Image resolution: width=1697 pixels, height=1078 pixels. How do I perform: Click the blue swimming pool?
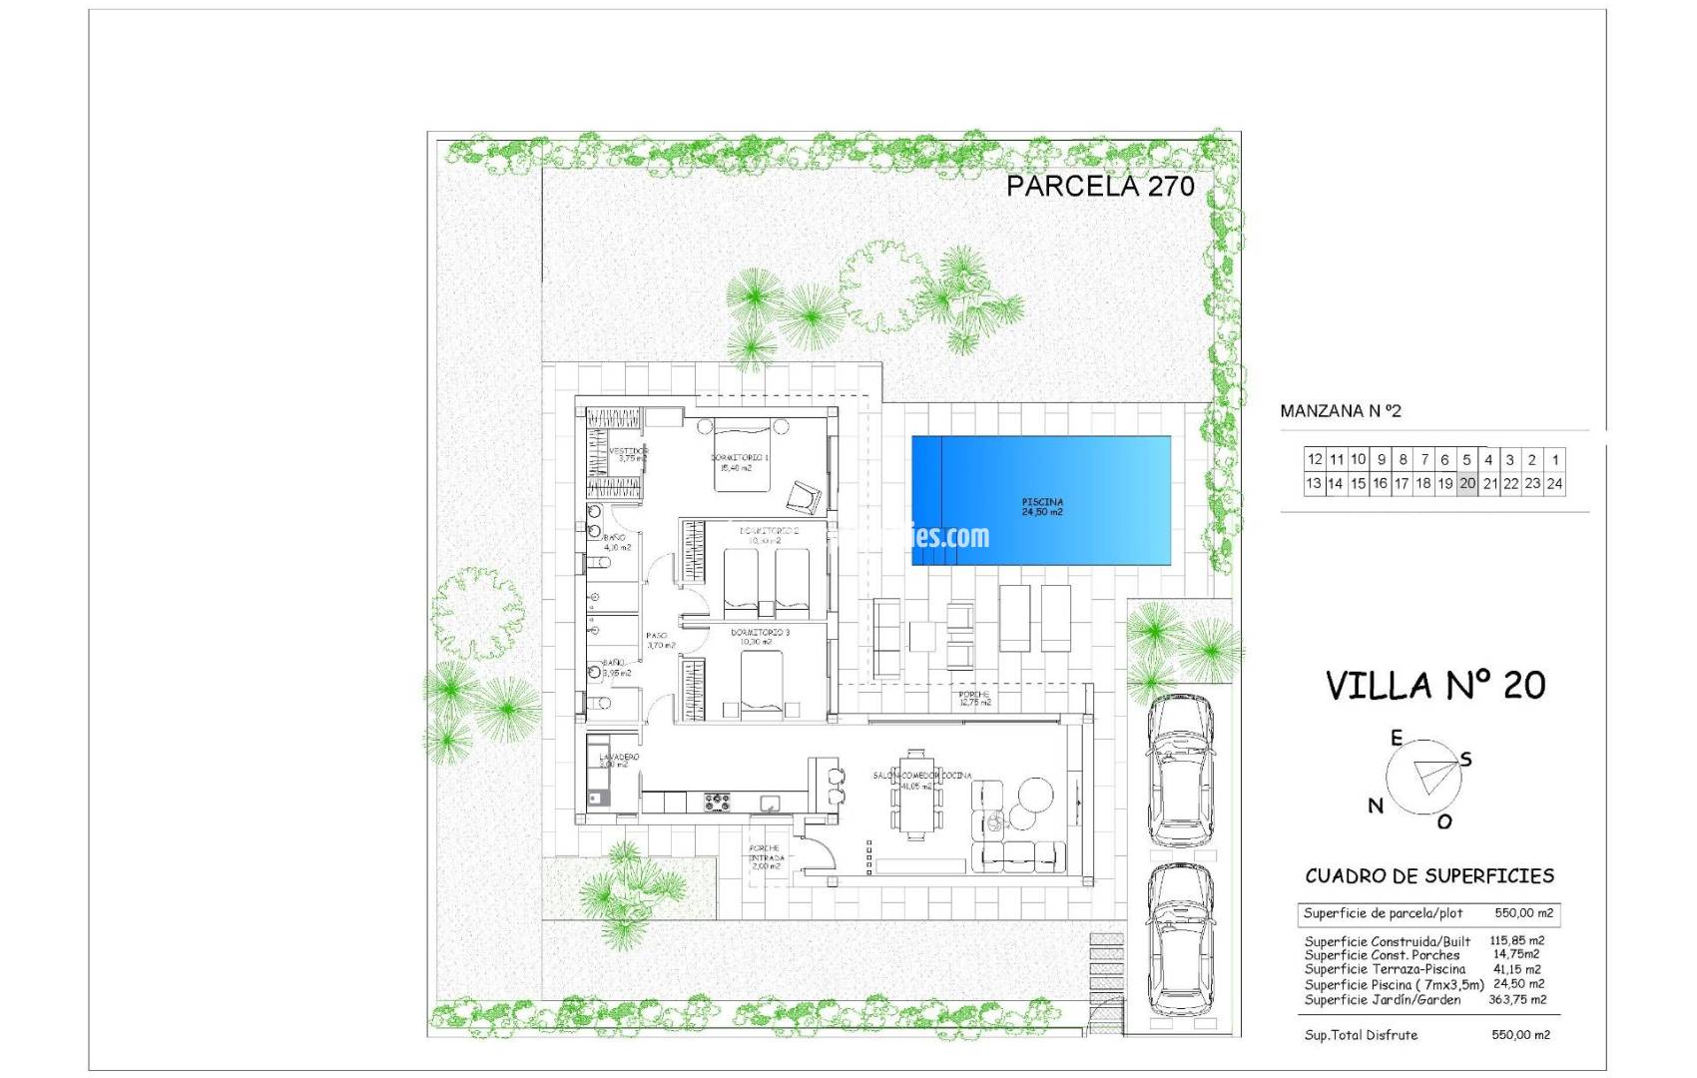(1041, 500)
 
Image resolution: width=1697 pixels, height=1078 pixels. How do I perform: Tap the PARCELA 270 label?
(1099, 186)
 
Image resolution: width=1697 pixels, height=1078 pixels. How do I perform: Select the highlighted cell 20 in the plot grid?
(1466, 483)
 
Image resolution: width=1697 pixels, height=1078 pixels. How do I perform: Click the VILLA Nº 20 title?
(1434, 686)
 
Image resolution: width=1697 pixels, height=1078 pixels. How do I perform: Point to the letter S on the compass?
(1466, 760)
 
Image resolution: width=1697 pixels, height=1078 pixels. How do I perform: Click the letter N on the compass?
(1376, 806)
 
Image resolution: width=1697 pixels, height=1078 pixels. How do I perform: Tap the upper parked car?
(1180, 769)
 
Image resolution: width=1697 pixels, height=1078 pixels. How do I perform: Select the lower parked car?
(1180, 939)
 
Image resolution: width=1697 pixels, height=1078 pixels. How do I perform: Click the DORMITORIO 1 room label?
(740, 457)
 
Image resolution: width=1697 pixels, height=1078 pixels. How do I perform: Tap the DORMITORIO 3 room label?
(760, 633)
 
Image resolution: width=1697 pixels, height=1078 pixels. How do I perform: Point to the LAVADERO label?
(618, 758)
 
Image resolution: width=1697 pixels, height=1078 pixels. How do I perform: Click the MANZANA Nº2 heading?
(1340, 411)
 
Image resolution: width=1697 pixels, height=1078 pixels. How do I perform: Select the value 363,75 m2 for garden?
(1518, 999)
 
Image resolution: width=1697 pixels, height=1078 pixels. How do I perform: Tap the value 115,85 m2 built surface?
(1516, 940)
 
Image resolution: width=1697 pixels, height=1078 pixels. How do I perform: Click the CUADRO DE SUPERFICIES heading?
(1429, 876)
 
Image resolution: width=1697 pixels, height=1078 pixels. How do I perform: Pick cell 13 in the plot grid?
(1313, 483)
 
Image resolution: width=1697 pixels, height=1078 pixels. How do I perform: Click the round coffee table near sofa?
(1034, 796)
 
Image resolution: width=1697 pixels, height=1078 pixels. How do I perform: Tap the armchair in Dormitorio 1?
(803, 495)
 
